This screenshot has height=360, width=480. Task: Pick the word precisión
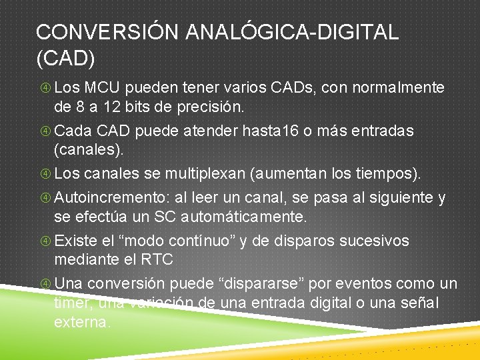213,107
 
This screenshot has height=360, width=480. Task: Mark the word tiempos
383,174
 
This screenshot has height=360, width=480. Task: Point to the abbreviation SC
164,217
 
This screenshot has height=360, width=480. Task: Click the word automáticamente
243,217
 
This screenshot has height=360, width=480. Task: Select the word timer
74,303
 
